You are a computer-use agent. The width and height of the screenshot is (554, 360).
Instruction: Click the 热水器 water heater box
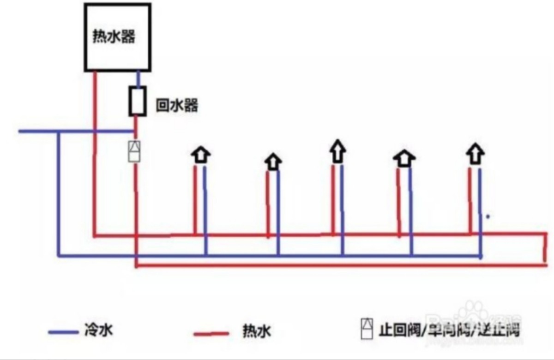click(118, 37)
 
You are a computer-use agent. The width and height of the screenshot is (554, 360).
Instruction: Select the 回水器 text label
click(177, 106)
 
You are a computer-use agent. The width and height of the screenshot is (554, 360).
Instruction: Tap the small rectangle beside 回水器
click(137, 101)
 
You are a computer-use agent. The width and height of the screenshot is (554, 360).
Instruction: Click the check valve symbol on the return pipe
click(134, 151)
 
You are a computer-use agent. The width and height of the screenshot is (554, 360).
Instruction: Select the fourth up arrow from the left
click(404, 158)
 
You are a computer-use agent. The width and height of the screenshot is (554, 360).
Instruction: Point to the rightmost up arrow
click(475, 153)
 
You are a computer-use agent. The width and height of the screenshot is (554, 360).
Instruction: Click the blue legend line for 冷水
click(63, 332)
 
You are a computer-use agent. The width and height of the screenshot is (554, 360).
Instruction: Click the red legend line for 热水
click(211, 333)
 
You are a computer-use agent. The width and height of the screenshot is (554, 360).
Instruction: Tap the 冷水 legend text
click(99, 330)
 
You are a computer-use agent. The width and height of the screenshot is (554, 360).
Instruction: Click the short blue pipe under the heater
click(138, 78)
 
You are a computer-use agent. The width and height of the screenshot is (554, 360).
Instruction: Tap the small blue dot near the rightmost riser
click(488, 216)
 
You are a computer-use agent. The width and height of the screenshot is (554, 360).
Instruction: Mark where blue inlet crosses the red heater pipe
click(95, 132)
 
